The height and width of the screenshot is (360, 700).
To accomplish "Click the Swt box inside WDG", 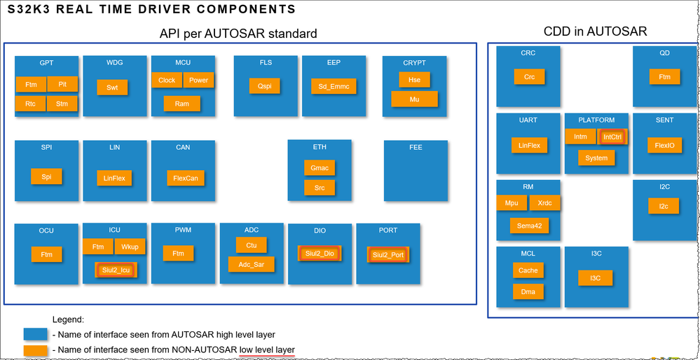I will pos(112,88).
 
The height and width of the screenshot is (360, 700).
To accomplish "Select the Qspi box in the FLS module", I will pos(264,85).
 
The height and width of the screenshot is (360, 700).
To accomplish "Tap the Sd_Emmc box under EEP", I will pos(334,86).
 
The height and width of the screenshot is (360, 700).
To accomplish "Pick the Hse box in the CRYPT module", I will pos(414,80).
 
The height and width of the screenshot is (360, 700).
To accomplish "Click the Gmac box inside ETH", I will pos(320,168).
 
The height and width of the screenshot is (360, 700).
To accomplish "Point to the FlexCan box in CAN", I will pos(186,178).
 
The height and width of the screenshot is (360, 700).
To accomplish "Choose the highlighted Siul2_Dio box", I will pos(319,254).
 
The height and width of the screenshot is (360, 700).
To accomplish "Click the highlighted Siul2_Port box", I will pos(388,255).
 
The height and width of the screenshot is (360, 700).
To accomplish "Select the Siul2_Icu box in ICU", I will pos(116,269).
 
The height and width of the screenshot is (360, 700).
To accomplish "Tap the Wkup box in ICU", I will pos(130,247).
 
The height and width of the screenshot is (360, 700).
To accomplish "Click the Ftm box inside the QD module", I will pos(664,77).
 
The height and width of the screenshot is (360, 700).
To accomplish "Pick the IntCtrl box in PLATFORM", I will pos(612,137).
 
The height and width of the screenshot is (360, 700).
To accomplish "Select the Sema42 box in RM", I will pos(529,226).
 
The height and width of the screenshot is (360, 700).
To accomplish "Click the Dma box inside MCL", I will pos(528,291).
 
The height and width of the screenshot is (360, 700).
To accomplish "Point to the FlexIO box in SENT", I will pos(664,146).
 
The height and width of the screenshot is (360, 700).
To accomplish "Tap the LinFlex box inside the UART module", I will pos(529,145).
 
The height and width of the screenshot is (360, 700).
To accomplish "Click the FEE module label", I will pos(416,148).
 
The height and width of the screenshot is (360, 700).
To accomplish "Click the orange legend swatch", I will pos(35,349).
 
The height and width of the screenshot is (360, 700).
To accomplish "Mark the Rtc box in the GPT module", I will pos(31,104).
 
